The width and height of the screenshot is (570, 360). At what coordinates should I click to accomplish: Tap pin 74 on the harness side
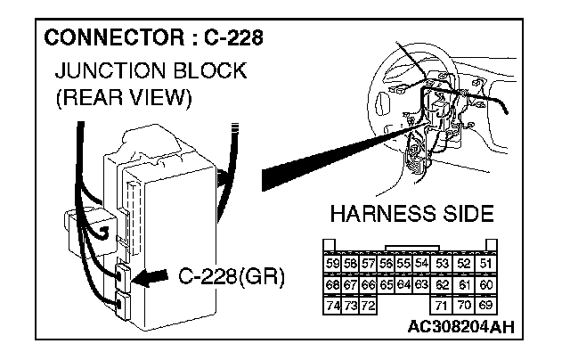click(332, 306)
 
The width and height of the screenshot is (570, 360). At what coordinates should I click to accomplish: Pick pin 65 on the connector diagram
click(387, 284)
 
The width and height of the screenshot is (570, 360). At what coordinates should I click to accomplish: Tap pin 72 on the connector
click(368, 306)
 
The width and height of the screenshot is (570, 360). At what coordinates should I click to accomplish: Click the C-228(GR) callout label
click(231, 276)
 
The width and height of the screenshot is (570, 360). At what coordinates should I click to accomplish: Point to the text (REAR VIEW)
click(123, 97)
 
